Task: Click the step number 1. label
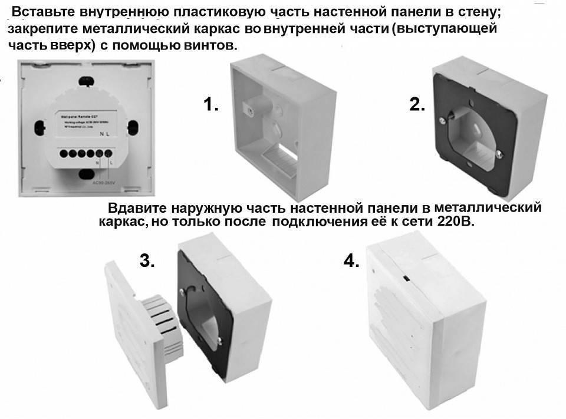pos(211,105)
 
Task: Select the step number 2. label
pos(417,105)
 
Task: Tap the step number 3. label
pos(147,261)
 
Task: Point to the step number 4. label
pos(351,261)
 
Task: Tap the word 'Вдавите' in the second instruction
pos(137,209)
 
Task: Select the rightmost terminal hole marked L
pos(108,154)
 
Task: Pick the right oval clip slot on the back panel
pos(133,126)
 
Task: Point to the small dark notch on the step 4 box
pos(406,276)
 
